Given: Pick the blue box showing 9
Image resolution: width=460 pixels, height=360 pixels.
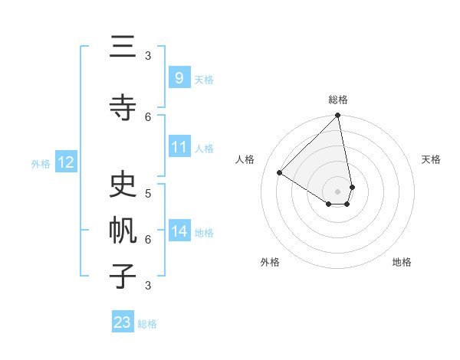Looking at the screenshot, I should [x=179, y=77].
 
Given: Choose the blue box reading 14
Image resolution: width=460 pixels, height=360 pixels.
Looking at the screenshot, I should [x=179, y=231].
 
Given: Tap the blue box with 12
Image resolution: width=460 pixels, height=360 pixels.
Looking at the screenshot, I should [x=65, y=162].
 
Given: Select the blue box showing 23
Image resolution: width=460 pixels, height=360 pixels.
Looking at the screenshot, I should [x=123, y=322].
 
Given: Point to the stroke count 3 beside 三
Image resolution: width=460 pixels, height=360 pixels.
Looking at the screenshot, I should [x=148, y=56].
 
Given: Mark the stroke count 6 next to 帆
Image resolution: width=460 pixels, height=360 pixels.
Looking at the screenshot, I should [x=148, y=239].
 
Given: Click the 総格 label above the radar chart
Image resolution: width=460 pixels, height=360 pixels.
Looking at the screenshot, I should [x=338, y=100].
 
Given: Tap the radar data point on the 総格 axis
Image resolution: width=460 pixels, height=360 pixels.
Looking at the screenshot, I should [x=338, y=116].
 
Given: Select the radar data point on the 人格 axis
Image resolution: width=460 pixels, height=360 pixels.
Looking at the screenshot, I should [x=280, y=173].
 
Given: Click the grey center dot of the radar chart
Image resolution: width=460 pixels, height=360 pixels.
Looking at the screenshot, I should [x=338, y=190].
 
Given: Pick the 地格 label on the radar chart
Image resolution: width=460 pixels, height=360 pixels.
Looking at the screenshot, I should [x=402, y=263].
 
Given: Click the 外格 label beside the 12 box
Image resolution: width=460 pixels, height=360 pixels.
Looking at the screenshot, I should [x=41, y=163].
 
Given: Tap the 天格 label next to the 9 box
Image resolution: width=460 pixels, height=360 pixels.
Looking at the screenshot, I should [x=204, y=79].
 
